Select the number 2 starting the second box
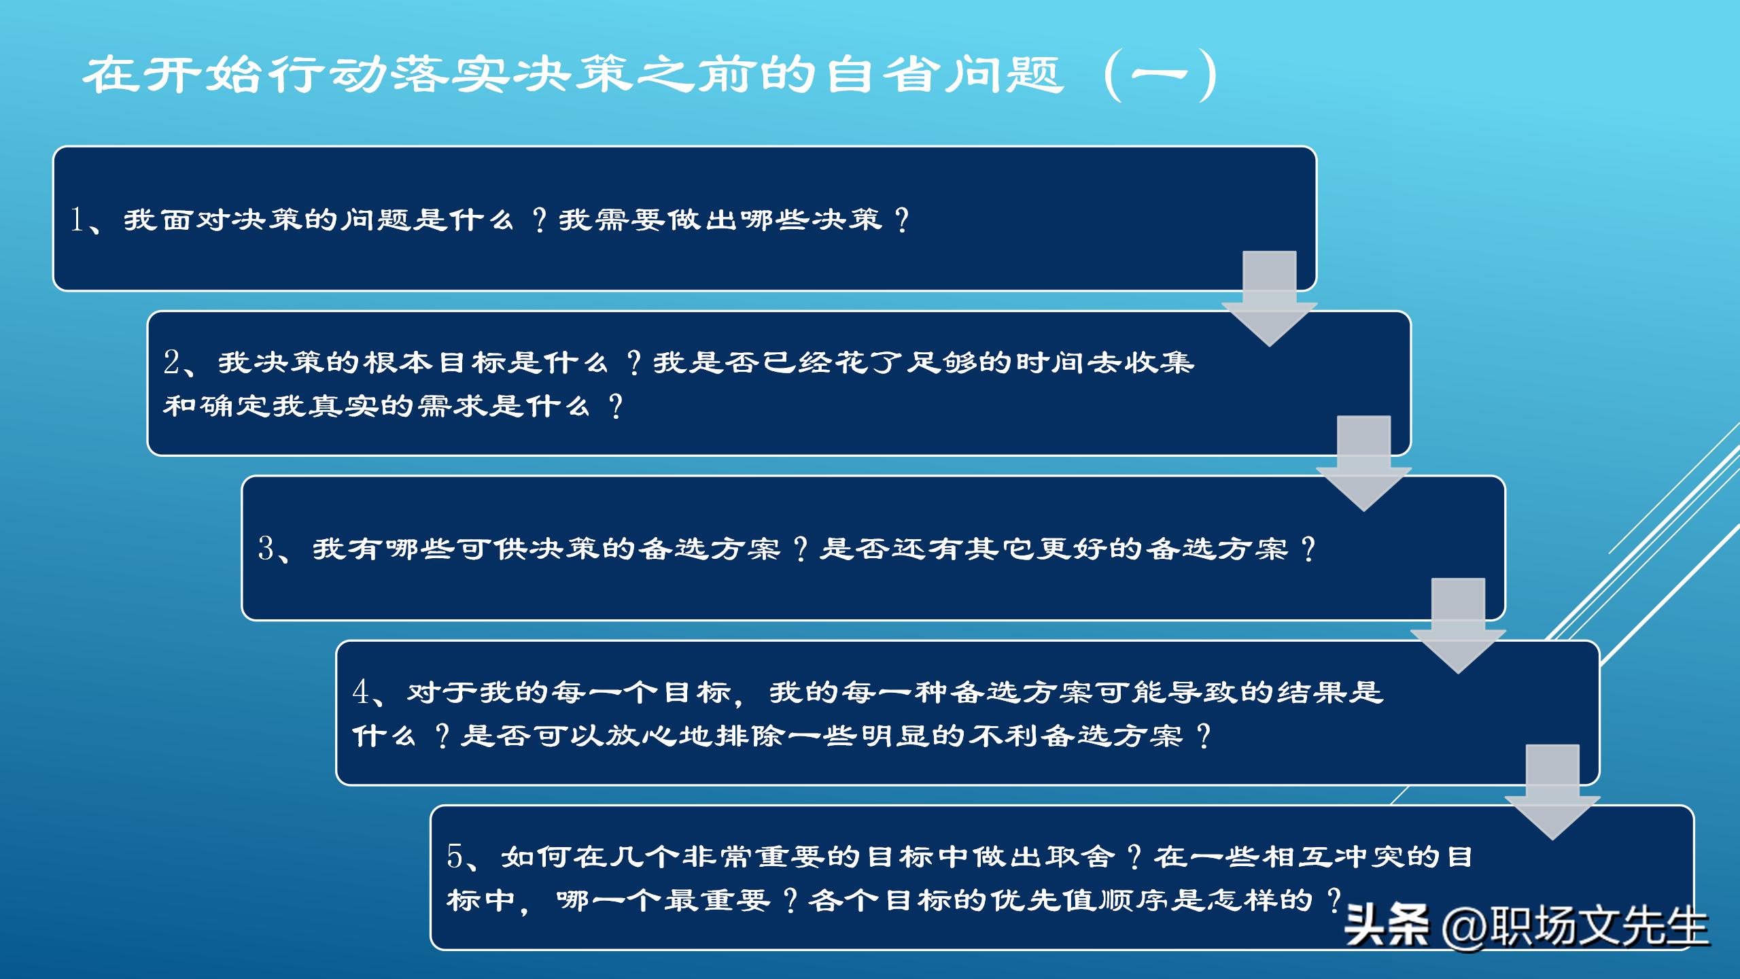coord(171,362)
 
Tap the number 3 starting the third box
coord(266,549)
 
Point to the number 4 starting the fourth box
coord(360,692)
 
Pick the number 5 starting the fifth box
coord(455,857)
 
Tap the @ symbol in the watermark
coord(1465,926)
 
